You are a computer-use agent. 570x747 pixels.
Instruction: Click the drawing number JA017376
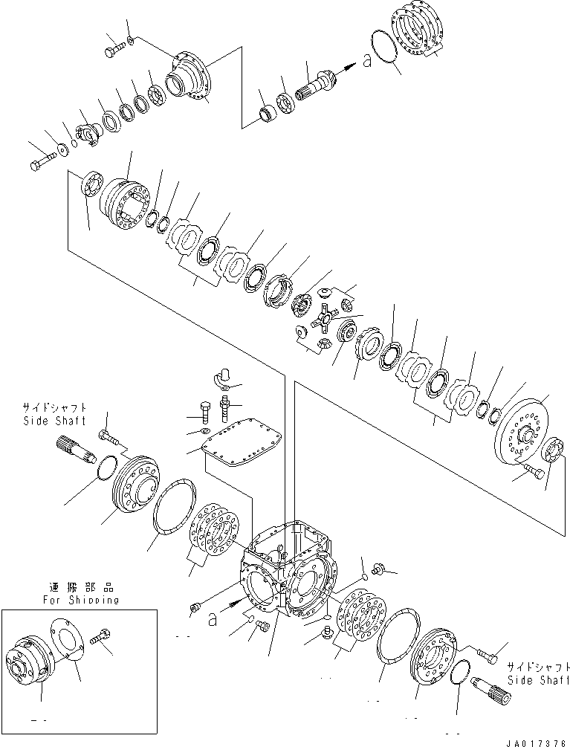534,740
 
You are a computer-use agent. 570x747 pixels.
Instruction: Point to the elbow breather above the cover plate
222,375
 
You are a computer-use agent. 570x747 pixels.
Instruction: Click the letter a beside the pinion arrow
367,61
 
